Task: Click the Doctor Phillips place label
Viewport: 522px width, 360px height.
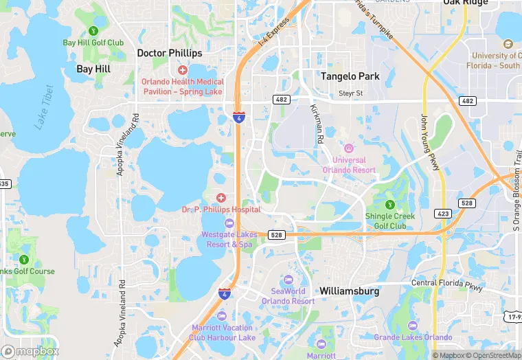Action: [170, 53]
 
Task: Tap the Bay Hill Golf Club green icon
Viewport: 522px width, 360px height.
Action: [93, 30]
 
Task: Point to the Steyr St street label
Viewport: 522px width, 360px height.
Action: [354, 93]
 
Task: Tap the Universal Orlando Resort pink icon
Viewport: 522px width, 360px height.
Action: [349, 148]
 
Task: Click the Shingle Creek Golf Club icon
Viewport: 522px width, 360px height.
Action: [390, 204]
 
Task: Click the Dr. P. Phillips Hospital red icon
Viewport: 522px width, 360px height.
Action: [221, 198]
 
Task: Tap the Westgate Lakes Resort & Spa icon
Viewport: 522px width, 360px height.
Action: [229, 223]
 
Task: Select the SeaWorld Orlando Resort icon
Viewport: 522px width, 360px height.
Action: [288, 280]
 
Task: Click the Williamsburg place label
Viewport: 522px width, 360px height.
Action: [349, 291]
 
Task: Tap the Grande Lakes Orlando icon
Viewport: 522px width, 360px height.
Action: [413, 326]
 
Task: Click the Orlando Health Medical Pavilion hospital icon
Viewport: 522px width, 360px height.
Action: [183, 70]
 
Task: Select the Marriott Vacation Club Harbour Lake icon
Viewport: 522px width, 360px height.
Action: [221, 315]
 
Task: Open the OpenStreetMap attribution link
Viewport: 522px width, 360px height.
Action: [493, 355]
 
